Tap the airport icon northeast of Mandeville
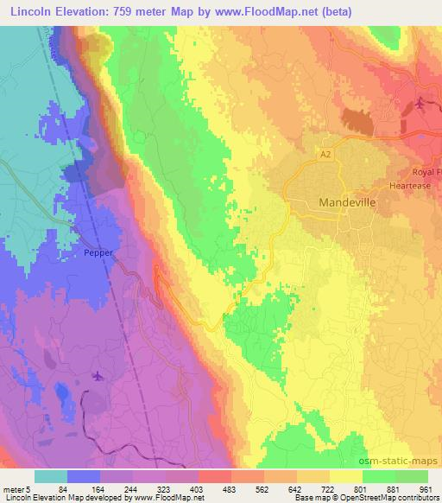(x=420, y=104)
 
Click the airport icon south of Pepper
(x=97, y=376)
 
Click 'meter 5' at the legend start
(x=19, y=488)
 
